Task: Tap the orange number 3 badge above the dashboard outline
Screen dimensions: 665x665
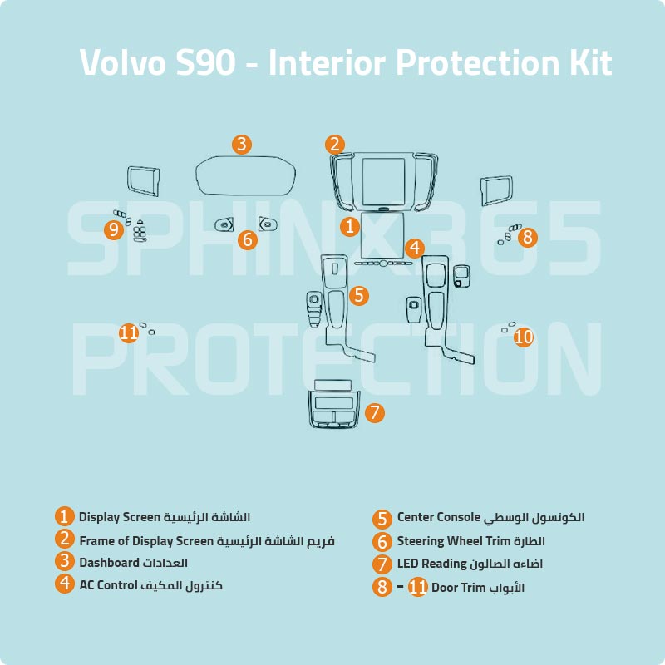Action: coord(241,144)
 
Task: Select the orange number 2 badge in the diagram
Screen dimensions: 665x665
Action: coord(335,144)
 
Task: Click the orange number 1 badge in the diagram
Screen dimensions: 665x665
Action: coord(350,225)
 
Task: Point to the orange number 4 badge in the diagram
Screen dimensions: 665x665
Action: coord(416,248)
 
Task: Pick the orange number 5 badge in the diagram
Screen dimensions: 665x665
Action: coord(359,295)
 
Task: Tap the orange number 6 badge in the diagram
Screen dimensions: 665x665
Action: coord(247,240)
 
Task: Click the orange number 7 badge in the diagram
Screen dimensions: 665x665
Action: coord(375,411)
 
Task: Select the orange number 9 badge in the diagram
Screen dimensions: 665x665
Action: coord(114,229)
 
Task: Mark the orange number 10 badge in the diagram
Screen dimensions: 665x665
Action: coord(524,337)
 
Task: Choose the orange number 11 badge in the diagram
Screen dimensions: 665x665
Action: coord(128,333)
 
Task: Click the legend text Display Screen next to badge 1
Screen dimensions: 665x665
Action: coord(118,517)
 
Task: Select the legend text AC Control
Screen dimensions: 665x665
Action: coord(108,584)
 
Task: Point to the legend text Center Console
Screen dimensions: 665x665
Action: coord(439,517)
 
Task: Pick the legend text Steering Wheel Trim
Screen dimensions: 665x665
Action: coord(448,541)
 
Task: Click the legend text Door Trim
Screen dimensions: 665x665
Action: coord(458,588)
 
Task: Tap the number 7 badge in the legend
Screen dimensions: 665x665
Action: coord(382,564)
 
